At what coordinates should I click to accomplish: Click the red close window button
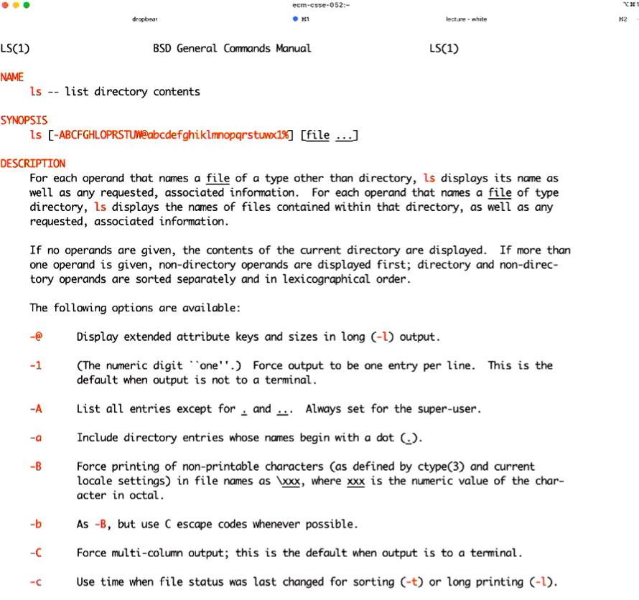coord(5,5)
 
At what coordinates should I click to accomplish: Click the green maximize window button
coord(27,5)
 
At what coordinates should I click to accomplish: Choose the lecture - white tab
coord(465,19)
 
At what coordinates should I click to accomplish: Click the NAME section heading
coord(12,77)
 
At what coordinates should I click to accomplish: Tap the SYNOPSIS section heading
coord(24,121)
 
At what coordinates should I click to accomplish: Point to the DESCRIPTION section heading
coord(32,164)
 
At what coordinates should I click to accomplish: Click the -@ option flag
coord(36,337)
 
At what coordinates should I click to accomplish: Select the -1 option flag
coord(36,365)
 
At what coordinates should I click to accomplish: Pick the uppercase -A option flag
coord(36,409)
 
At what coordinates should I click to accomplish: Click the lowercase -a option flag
coord(36,438)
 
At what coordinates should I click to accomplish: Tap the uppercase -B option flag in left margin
coord(36,467)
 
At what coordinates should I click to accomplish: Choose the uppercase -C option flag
coord(36,553)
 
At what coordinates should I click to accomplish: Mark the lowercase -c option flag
coord(36,581)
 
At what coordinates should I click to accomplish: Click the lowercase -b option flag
coord(36,524)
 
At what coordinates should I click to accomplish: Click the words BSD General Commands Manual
coord(232,48)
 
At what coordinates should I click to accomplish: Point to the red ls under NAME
coord(35,91)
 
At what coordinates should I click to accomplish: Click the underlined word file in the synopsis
coord(318,135)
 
